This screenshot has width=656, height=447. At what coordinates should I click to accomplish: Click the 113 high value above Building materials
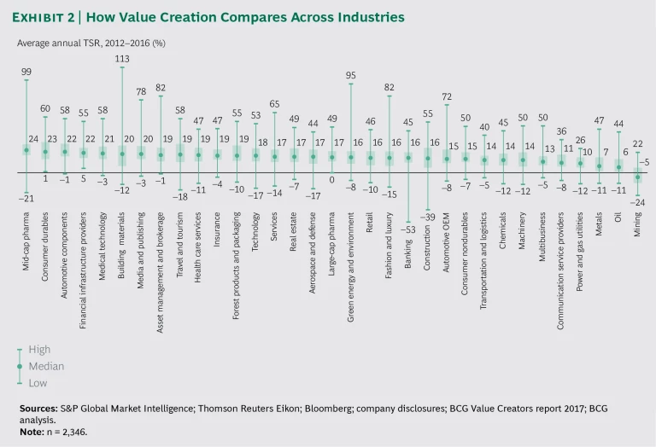(121, 59)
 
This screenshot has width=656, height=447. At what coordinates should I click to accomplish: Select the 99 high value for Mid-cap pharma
(26, 73)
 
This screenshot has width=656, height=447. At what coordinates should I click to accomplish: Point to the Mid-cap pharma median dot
(26, 150)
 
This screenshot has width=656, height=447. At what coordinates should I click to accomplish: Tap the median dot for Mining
(636, 177)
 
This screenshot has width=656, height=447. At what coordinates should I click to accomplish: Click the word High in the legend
(39, 350)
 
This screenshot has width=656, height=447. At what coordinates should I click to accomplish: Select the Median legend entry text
(46, 366)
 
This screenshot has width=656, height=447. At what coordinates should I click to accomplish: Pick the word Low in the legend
(38, 382)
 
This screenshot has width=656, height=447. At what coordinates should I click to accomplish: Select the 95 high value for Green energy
(350, 75)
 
